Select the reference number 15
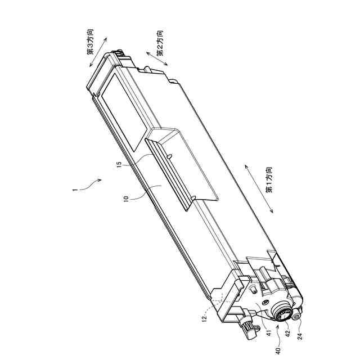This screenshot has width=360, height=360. coord(119,166)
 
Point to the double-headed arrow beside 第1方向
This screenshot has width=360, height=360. coord(259,189)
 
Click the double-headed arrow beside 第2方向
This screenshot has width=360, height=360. coord(157,60)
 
